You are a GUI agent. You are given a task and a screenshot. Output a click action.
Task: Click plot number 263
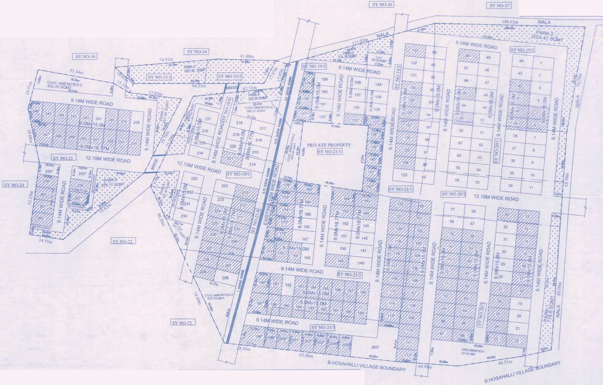tap(374, 347)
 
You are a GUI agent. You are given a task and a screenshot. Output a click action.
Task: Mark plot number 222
tap(225, 186)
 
